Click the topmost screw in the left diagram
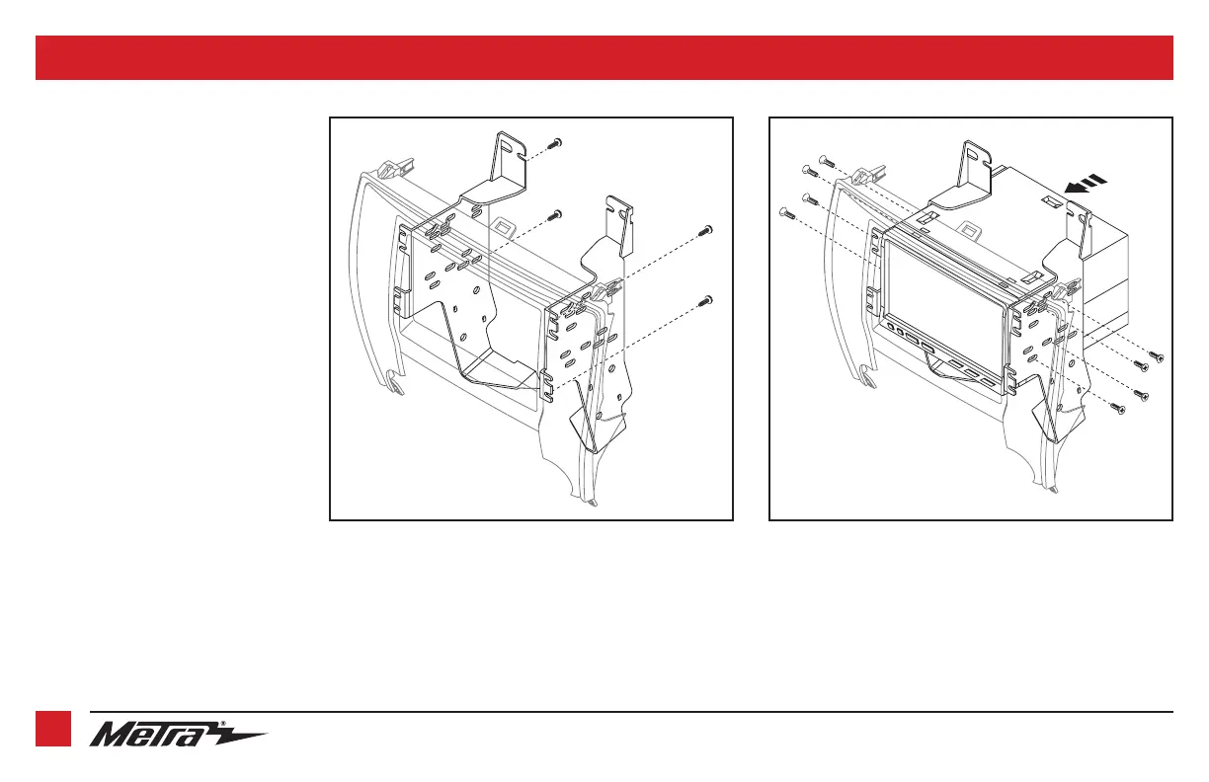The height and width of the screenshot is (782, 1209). [556, 143]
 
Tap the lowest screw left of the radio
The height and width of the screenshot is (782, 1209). [785, 210]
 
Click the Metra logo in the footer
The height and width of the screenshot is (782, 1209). [178, 735]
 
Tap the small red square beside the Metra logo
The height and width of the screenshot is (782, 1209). [53, 730]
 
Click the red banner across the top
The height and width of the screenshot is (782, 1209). [604, 57]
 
